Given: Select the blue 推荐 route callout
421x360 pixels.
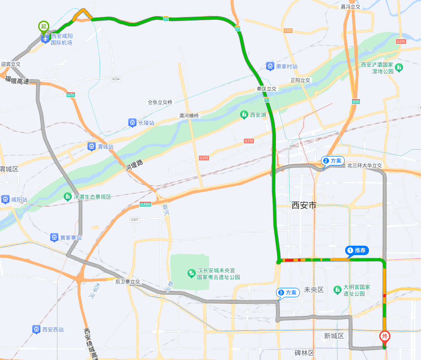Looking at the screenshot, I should coord(357,250).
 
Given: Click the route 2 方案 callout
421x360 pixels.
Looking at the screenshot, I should coord(333,160).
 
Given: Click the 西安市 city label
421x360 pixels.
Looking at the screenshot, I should coord(304,205).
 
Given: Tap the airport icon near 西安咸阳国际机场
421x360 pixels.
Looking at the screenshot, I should coord(45,39).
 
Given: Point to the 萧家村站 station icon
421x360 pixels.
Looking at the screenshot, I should coord(270,66).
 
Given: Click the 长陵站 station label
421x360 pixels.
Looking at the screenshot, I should coord(146,122).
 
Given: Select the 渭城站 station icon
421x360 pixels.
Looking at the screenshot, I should coord(92,147).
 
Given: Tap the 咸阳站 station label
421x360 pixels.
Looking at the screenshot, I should coord(19,199).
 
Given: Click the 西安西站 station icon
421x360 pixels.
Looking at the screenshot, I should coord(36,330).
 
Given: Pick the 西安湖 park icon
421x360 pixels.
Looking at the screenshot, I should coord(244,115).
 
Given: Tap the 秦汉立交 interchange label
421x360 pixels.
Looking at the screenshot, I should coord(267,89).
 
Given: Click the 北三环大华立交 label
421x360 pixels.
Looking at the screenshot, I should coord(364,165).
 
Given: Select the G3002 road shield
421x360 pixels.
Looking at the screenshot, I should coord(145,204).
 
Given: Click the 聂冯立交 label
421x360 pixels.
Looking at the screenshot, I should coord(351,7).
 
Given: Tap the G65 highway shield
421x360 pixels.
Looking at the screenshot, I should coord(356,101).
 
